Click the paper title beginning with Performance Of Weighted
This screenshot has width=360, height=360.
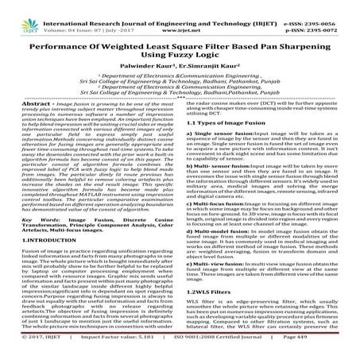(x=180, y=42)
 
